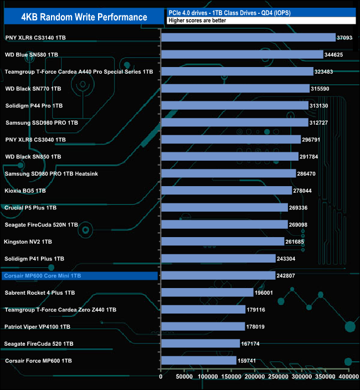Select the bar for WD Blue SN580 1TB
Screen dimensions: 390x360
(x=242, y=54)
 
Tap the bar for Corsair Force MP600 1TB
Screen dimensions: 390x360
(x=198, y=361)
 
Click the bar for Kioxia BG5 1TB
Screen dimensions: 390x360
(x=227, y=191)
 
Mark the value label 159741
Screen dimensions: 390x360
(x=249, y=361)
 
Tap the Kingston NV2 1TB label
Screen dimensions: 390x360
(x=28, y=242)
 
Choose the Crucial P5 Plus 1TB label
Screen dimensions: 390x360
(x=30, y=208)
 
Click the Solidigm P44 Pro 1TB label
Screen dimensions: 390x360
(x=34, y=105)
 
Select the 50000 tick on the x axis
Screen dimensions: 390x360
(x=184, y=377)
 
